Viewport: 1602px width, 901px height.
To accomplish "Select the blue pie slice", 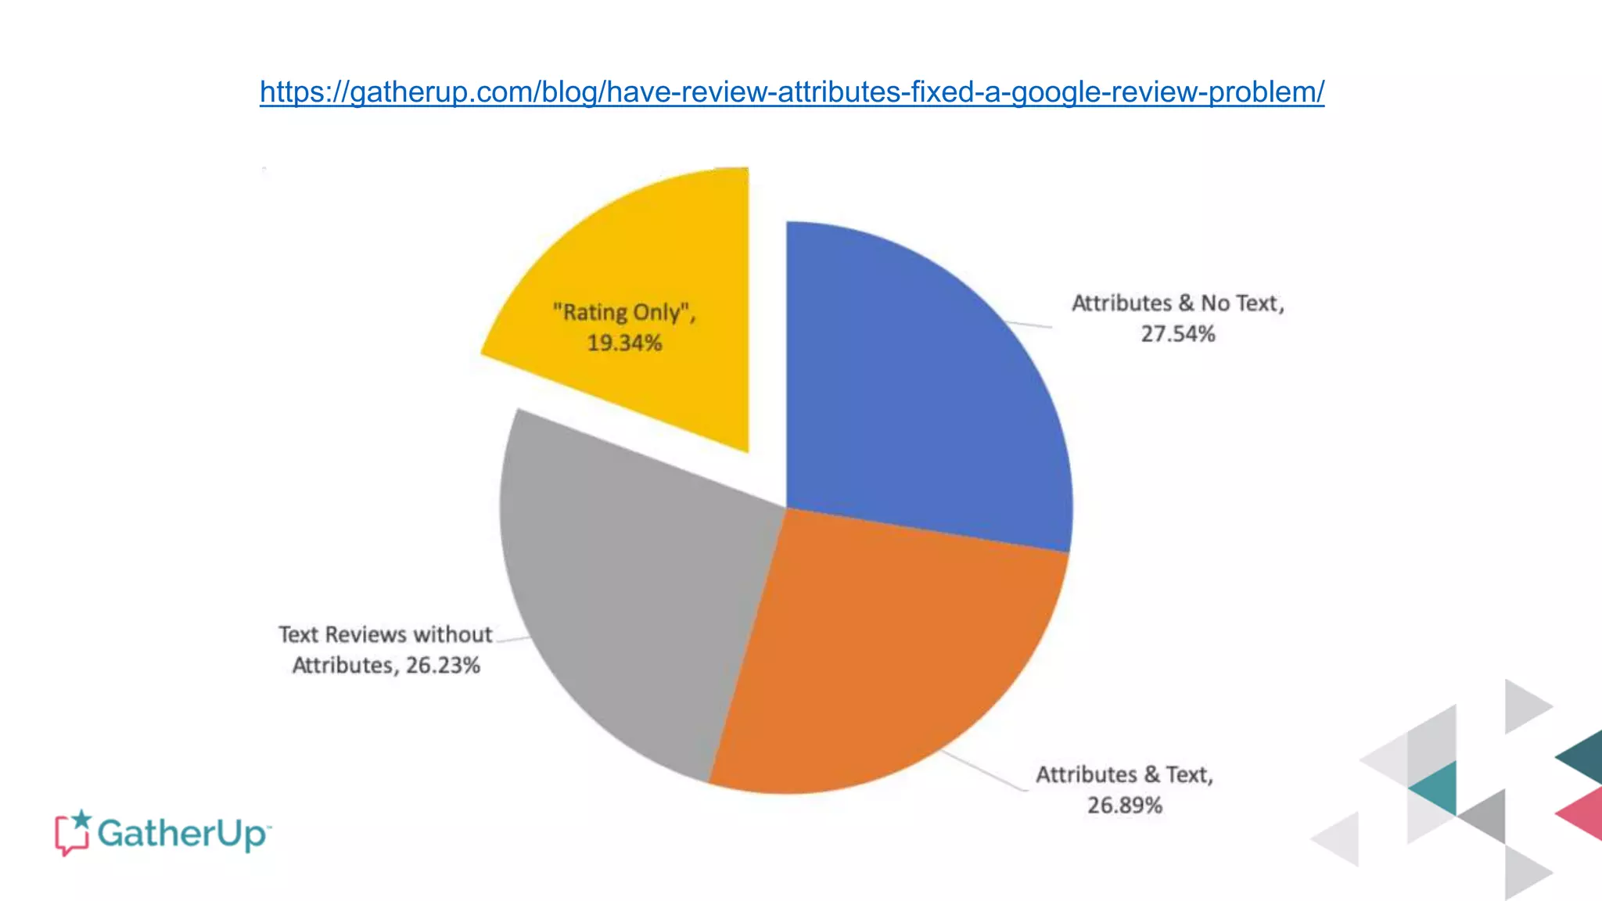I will point(923,391).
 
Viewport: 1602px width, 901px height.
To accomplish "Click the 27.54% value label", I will point(1177,335).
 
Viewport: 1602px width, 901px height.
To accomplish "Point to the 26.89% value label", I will point(1124,806).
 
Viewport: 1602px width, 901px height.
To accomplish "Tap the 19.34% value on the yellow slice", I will point(624,343).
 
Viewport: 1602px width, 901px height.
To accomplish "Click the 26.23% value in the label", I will point(443,666).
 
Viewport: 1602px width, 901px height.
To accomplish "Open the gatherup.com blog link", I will point(792,92).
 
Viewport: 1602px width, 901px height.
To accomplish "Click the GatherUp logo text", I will point(184,834).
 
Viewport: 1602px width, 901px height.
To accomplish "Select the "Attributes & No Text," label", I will point(1177,303).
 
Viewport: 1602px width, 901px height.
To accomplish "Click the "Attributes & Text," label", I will point(1124,775).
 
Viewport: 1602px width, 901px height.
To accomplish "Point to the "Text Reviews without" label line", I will point(385,634).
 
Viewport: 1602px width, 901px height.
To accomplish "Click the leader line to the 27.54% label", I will point(1029,325).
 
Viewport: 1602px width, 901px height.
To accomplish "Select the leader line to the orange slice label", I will point(986,771).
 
